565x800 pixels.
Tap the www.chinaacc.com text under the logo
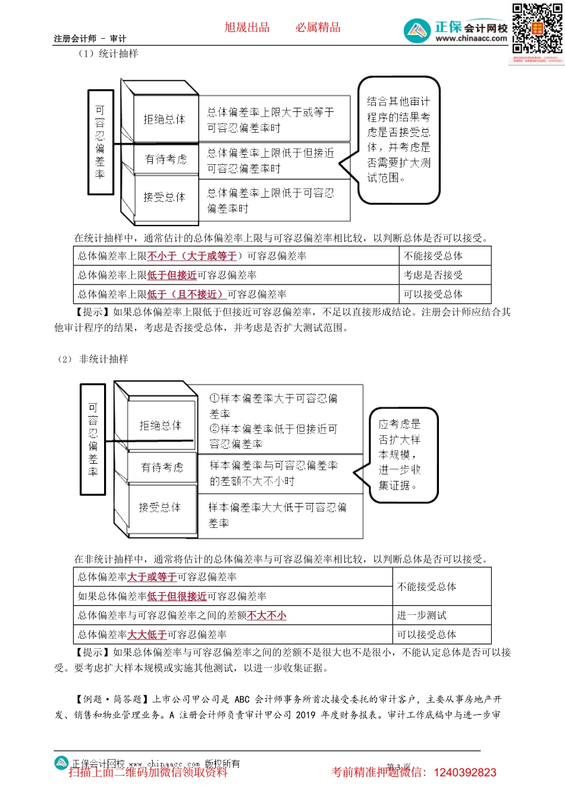click(x=471, y=39)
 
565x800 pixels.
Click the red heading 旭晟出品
click(x=247, y=27)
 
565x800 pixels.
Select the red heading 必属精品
click(x=318, y=27)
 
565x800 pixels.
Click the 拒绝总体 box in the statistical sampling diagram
click(x=164, y=119)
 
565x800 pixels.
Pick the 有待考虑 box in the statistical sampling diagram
click(x=165, y=159)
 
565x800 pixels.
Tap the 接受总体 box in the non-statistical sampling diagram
click(x=159, y=507)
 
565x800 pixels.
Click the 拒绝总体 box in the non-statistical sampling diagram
click(x=160, y=426)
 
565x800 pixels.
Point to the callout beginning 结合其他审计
click(x=398, y=139)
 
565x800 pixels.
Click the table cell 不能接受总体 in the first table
click(x=433, y=256)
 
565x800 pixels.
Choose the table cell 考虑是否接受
click(x=433, y=275)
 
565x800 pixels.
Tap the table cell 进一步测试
click(x=422, y=615)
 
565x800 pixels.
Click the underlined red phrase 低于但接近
click(x=172, y=275)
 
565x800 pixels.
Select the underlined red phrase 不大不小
click(x=266, y=615)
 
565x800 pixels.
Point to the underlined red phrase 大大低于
click(x=147, y=635)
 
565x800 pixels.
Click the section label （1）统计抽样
click(x=108, y=54)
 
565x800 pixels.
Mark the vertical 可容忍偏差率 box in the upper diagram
click(x=100, y=142)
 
